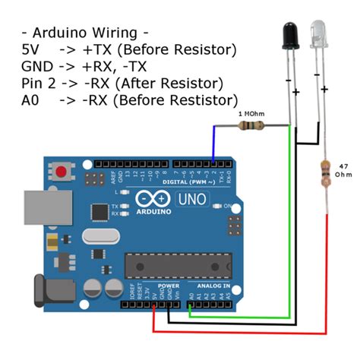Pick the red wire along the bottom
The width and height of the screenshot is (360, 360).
[x=243, y=332]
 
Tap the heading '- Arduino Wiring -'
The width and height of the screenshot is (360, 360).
[x=85, y=34]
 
